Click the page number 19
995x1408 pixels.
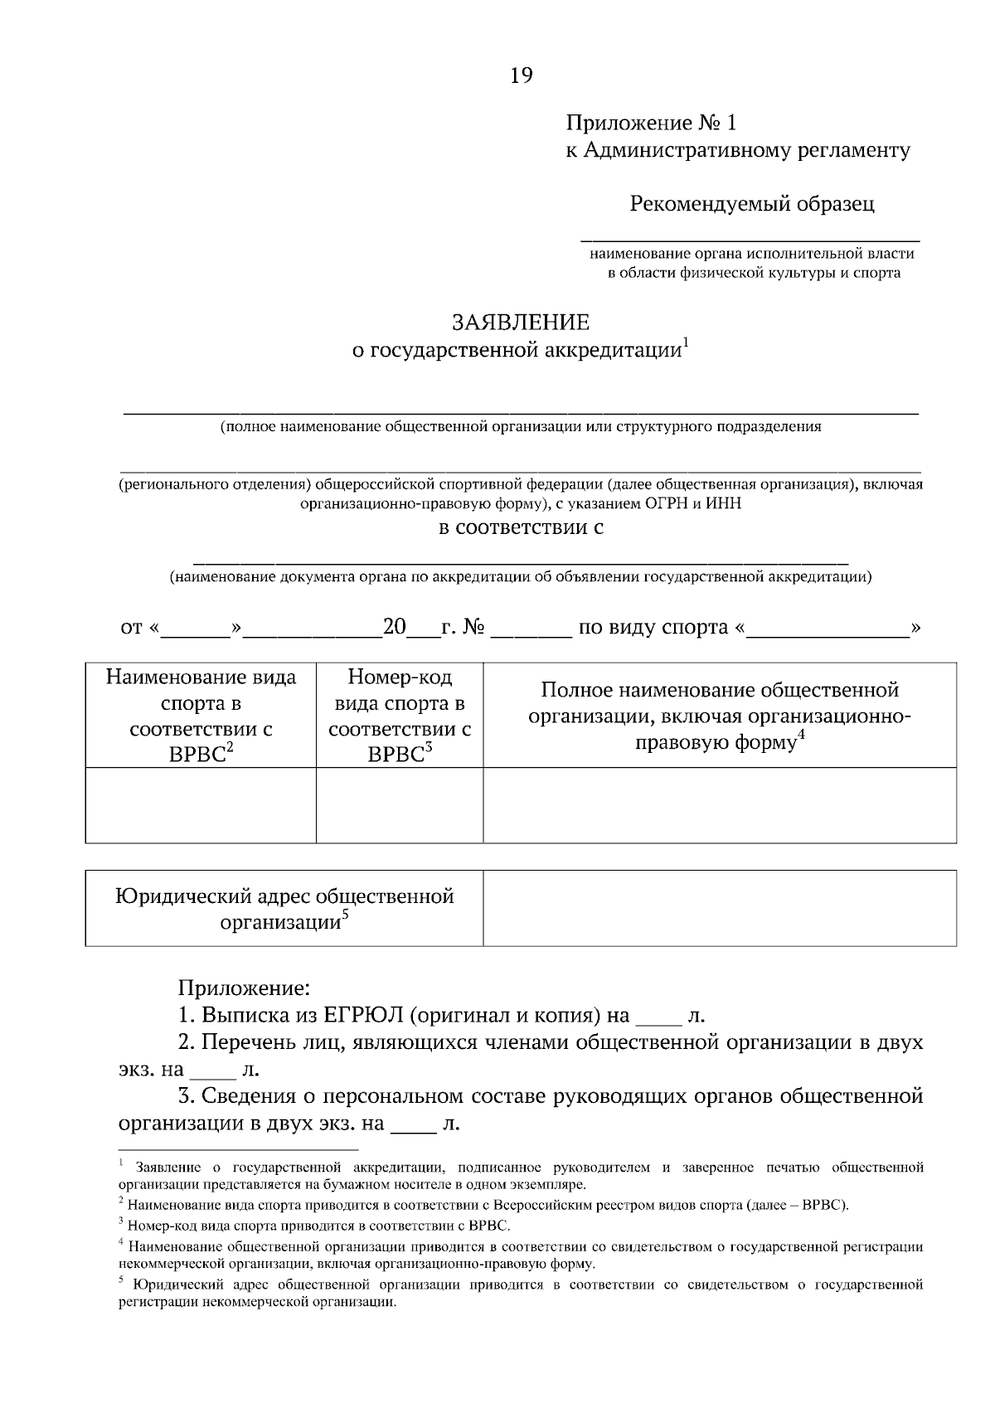point(522,75)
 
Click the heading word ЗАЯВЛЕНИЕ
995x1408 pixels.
point(520,323)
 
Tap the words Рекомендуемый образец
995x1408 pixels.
point(751,203)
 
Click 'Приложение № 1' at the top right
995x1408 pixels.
point(651,124)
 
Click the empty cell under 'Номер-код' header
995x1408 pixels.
point(400,805)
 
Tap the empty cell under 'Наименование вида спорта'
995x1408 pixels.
point(201,805)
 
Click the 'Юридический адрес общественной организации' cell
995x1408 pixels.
point(284,908)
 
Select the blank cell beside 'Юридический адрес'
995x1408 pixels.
point(720,908)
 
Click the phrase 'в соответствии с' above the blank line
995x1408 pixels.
point(521,527)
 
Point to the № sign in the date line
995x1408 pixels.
point(473,627)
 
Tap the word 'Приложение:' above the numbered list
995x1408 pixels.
point(245,988)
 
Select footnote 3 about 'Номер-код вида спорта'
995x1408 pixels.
point(319,1225)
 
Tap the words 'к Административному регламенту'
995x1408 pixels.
point(738,150)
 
